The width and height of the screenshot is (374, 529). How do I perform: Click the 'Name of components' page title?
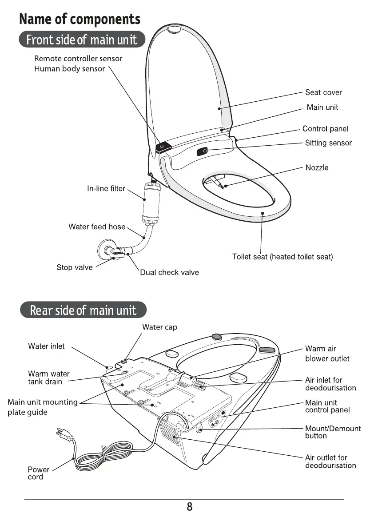tap(80, 20)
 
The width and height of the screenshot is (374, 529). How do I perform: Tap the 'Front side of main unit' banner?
tap(82, 40)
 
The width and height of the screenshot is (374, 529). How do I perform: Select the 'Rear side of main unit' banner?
tap(83, 310)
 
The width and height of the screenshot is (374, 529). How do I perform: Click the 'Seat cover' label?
tap(323, 92)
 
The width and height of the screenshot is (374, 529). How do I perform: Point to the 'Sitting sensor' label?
tap(328, 143)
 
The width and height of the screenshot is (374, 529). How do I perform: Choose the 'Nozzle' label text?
tap(317, 167)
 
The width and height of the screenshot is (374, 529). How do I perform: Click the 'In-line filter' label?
tap(106, 189)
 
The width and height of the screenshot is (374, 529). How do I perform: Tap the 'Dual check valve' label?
tap(169, 272)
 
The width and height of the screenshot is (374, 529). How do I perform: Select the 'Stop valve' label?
tap(75, 267)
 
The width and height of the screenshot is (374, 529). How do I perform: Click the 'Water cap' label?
tap(159, 327)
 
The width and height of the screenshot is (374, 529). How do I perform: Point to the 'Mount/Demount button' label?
tap(333, 432)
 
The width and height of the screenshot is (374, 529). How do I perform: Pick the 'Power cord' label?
tap(38, 473)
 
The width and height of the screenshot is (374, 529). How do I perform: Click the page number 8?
tap(190, 507)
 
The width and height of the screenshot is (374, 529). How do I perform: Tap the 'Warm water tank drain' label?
tap(48, 378)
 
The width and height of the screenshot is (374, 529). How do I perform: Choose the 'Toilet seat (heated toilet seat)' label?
tap(282, 257)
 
